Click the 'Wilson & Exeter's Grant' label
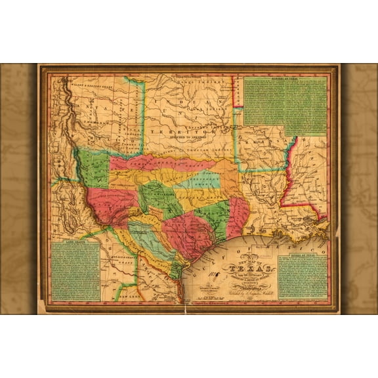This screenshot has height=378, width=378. pyautogui.click(x=89, y=84)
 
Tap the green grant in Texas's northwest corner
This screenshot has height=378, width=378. pyautogui.click(x=94, y=168)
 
